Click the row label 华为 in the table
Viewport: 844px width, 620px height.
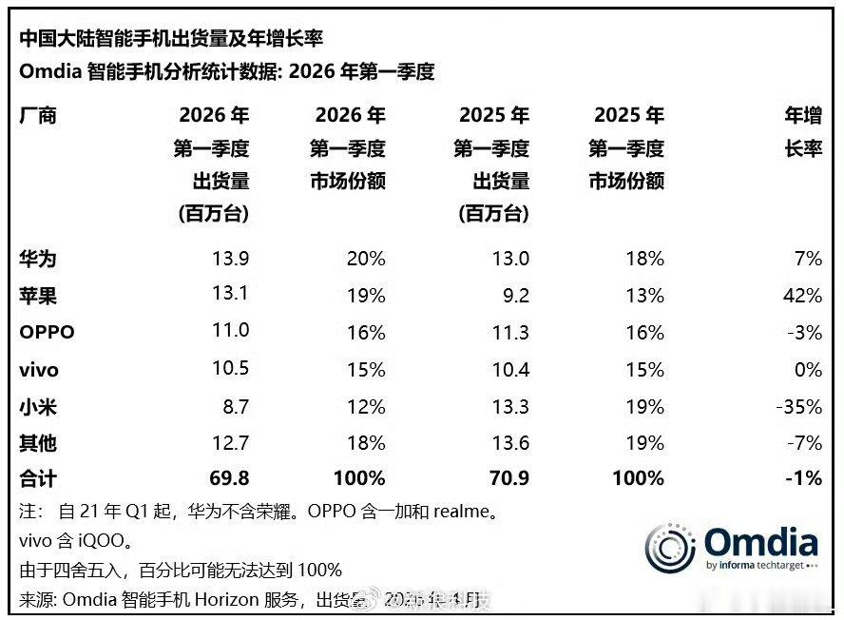pos(38,259)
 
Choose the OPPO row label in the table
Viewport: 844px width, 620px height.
pos(47,333)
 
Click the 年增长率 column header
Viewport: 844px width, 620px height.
pos(802,133)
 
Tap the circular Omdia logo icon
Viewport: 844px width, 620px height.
pos(672,548)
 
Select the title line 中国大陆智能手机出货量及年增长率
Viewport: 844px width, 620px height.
pos(171,38)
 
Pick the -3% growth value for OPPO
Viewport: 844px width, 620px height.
pos(803,333)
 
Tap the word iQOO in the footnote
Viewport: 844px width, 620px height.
pos(97,541)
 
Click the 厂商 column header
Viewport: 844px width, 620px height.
pos(38,116)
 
